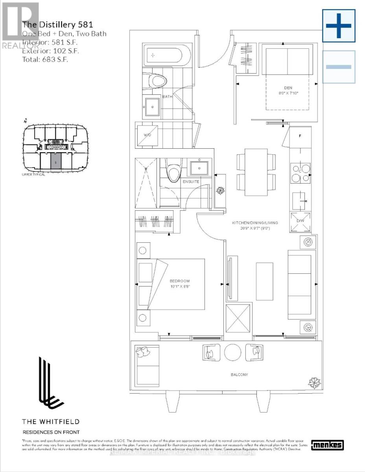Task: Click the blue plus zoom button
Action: [339, 26]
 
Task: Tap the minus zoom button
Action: [339, 67]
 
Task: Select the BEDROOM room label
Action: [180, 281]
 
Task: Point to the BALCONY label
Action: [240, 374]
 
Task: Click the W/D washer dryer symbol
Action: [147, 135]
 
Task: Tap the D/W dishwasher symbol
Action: [300, 223]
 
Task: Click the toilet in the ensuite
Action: [172, 170]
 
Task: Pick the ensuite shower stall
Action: [146, 183]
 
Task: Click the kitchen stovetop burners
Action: [300, 174]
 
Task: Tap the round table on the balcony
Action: [232, 352]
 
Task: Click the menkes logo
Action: [327, 445]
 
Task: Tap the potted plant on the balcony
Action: [315, 382]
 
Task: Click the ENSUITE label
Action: [191, 181]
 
